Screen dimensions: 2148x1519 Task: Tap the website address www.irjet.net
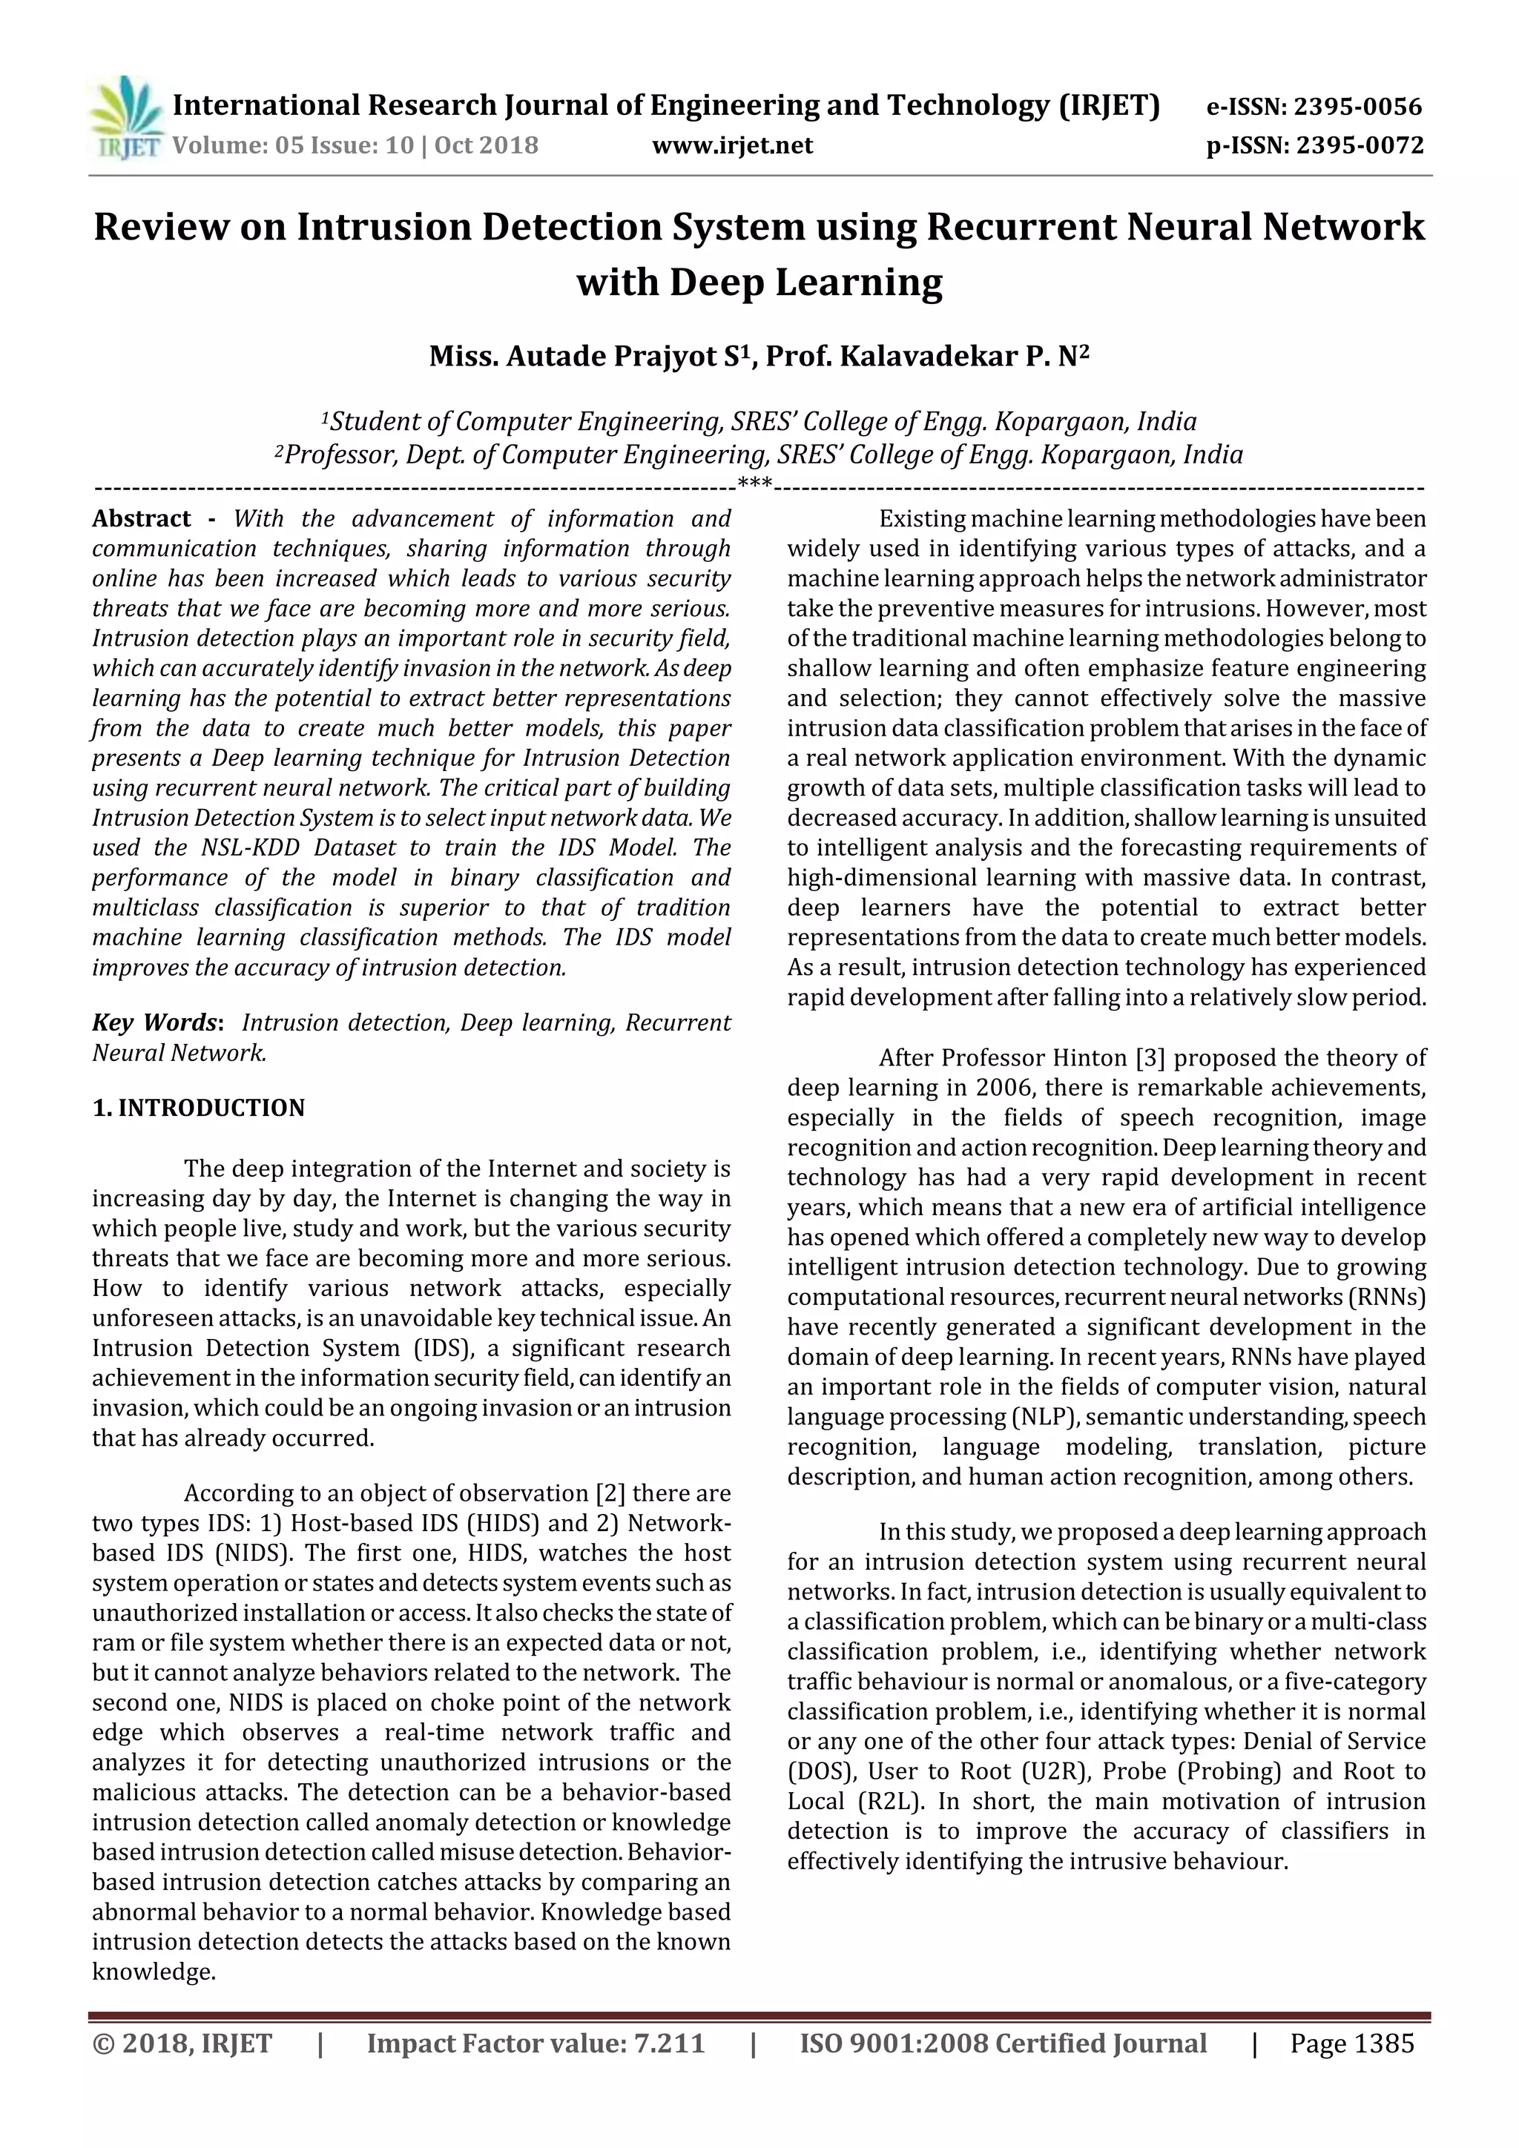(732, 145)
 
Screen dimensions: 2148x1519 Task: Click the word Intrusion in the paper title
(385, 228)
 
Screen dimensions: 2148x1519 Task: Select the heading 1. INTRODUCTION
(199, 1108)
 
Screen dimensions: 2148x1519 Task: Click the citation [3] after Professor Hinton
(1148, 1058)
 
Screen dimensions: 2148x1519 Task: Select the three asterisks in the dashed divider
(754, 483)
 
